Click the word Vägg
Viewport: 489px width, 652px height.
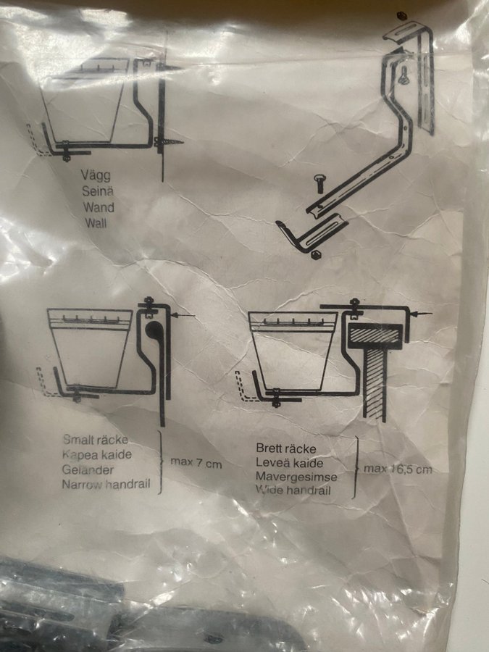point(96,175)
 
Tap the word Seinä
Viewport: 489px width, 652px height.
point(98,191)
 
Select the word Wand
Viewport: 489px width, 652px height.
point(99,207)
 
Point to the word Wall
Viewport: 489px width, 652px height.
point(96,223)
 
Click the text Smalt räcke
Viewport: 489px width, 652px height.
point(95,440)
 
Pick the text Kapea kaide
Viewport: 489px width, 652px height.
point(97,454)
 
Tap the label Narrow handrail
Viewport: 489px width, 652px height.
point(106,484)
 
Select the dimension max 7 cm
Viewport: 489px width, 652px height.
point(196,463)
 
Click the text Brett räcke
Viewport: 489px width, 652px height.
point(286,448)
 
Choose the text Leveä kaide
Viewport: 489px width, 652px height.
point(289,462)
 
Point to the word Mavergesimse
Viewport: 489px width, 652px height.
point(296,477)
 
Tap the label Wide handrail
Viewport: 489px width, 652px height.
point(293,490)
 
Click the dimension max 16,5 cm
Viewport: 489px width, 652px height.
point(398,469)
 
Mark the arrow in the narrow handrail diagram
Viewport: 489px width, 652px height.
point(184,316)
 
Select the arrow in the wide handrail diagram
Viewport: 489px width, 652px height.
point(421,314)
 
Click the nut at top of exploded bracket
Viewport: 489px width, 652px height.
point(401,17)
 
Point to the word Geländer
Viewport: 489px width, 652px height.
point(88,469)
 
